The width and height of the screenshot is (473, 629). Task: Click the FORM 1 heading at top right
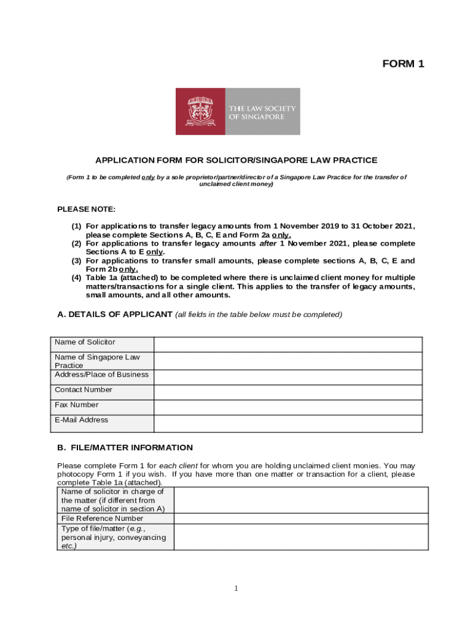[x=403, y=64]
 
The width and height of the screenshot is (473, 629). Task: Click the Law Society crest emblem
[x=200, y=111]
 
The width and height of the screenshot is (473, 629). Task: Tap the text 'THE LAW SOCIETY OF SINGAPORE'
[x=262, y=112]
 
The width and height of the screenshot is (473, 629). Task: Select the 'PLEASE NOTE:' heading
[x=86, y=209]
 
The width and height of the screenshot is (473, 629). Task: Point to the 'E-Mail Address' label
[x=81, y=420]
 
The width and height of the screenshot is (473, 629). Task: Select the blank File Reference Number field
[x=301, y=518]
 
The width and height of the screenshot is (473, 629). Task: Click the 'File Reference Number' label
[x=102, y=518]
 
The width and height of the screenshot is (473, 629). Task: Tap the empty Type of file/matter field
[x=301, y=537]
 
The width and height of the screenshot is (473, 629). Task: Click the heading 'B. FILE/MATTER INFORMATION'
[x=125, y=448]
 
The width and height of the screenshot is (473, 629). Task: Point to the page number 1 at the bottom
[x=236, y=589]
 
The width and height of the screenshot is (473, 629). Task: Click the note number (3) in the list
[x=77, y=260]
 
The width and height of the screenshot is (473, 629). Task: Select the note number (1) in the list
[x=77, y=227]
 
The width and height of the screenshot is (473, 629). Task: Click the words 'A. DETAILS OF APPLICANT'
[x=115, y=314]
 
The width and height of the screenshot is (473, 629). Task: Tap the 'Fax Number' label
[x=76, y=405]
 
